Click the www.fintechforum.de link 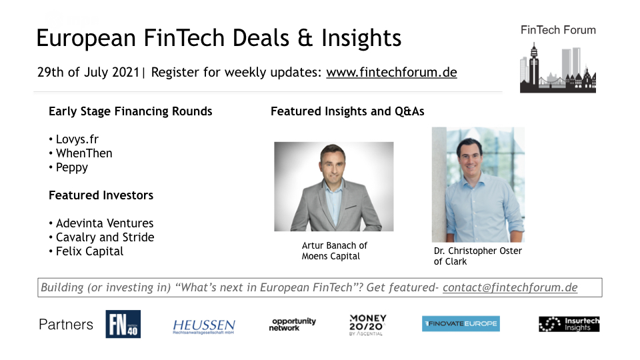[391, 72]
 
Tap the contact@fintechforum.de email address [510, 287]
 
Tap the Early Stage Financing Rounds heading [130, 111]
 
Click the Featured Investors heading [101, 195]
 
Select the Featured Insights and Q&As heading [347, 111]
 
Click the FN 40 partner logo [123, 324]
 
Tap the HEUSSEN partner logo [204, 327]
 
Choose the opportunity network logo [292, 325]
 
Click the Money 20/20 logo [367, 325]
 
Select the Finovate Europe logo [461, 324]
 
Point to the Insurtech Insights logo [569, 324]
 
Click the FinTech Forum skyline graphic [558, 68]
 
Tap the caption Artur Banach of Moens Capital [334, 251]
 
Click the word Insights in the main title [361, 39]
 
